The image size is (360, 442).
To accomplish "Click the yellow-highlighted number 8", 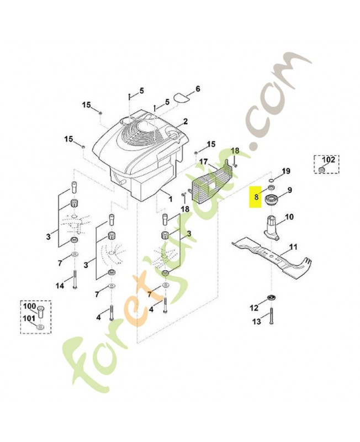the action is pyautogui.click(x=256, y=197).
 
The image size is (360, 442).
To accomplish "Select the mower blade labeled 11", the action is pyautogui.click(x=272, y=258).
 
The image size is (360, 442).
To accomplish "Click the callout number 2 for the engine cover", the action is pyautogui.click(x=185, y=122).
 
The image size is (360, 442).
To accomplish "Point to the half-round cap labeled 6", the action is pyautogui.click(x=181, y=97).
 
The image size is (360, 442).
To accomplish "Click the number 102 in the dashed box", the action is pyautogui.click(x=328, y=160).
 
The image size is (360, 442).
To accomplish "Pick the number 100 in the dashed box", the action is pyautogui.click(x=30, y=306).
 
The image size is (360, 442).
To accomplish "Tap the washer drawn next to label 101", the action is pyautogui.click(x=40, y=327).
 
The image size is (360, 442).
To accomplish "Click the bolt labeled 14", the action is pyautogui.click(x=75, y=279).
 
